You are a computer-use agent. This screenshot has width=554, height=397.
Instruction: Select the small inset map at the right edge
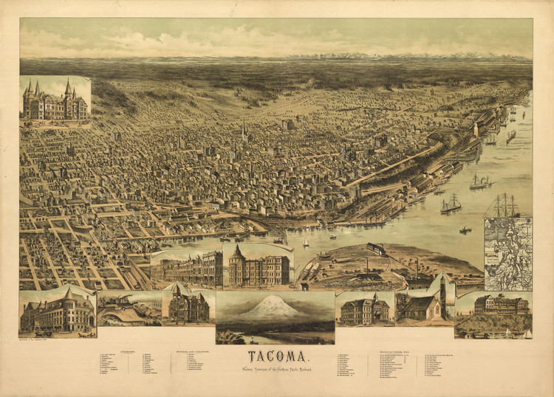point(507,254)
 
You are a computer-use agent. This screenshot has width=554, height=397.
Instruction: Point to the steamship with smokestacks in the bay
point(479,182)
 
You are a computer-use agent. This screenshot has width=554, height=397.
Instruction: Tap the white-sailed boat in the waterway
point(307,242)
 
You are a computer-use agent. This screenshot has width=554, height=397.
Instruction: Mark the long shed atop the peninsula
point(377,249)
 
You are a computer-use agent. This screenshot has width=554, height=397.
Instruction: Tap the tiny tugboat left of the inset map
point(465,230)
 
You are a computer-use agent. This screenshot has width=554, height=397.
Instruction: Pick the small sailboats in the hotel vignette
point(517,334)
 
